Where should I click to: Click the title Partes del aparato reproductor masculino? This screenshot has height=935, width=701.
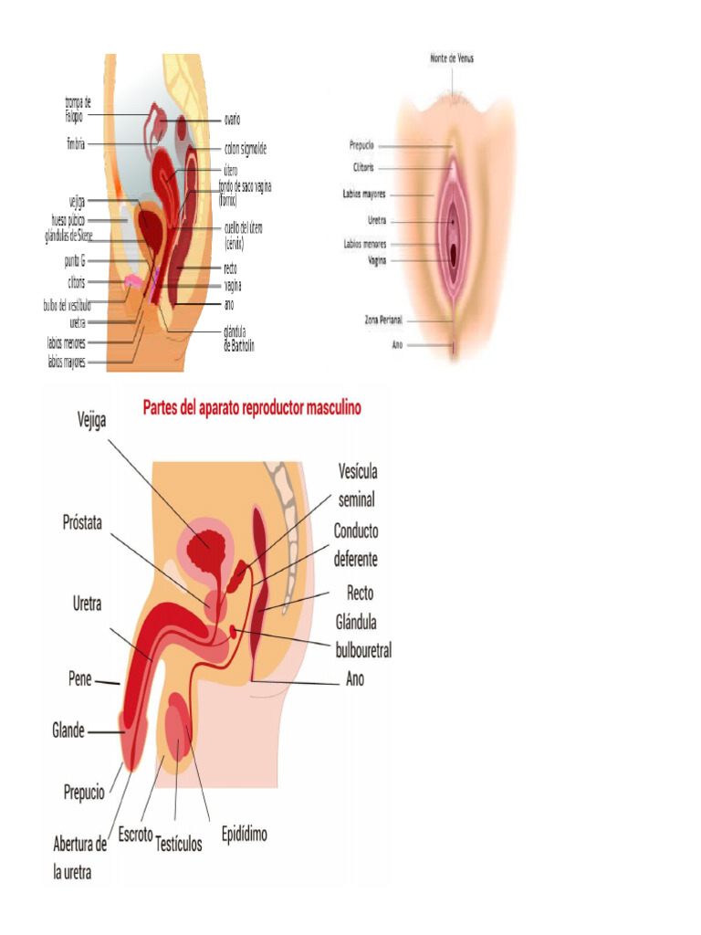click(x=252, y=408)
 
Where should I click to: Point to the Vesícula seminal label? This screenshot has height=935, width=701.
click(x=357, y=485)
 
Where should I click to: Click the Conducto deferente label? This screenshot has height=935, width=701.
click(x=355, y=544)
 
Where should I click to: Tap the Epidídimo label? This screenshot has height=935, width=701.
click(x=245, y=834)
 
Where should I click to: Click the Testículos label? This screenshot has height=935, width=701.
click(x=178, y=843)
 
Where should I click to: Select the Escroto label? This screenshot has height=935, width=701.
click(x=135, y=835)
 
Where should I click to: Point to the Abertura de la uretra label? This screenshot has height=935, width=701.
click(x=79, y=858)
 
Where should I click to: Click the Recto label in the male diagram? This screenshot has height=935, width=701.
click(x=360, y=593)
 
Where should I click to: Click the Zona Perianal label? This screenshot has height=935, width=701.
click(x=383, y=320)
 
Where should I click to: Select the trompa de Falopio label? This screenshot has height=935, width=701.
click(x=78, y=109)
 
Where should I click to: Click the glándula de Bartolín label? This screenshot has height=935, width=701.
click(x=239, y=339)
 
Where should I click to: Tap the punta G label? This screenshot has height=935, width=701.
click(x=75, y=260)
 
